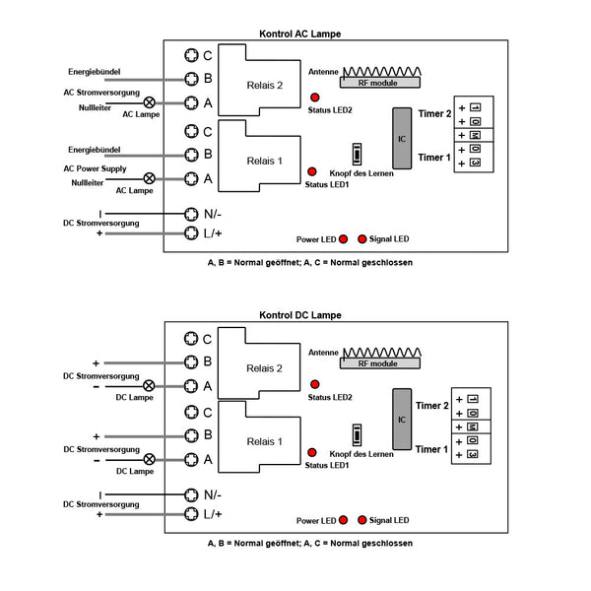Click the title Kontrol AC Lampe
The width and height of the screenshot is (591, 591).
tap(300, 33)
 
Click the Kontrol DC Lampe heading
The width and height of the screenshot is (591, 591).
tap(300, 315)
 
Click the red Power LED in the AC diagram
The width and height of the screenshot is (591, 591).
tap(344, 239)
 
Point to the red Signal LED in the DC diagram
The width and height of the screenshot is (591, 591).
tap(361, 520)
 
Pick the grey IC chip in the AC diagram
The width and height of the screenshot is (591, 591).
tap(402, 138)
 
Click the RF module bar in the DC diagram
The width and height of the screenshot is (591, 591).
tap(380, 363)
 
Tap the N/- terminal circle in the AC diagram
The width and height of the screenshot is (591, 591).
tap(191, 214)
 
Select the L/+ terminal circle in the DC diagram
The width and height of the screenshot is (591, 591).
tap(191, 514)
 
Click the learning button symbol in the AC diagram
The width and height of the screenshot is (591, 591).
tap(357, 155)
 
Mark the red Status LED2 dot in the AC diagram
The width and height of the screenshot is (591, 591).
tap(315, 98)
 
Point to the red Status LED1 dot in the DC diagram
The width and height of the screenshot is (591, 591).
tap(311, 452)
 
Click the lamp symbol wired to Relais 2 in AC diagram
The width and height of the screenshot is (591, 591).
tap(150, 102)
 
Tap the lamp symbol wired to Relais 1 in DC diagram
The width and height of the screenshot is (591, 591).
tap(150, 459)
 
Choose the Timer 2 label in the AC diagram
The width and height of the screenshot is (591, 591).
tap(434, 113)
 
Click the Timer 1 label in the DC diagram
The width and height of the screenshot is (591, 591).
tap(431, 449)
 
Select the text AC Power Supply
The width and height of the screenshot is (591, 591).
tap(95, 168)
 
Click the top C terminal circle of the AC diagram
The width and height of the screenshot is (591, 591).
tap(191, 55)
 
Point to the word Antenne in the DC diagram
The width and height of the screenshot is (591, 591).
tap(323, 353)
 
